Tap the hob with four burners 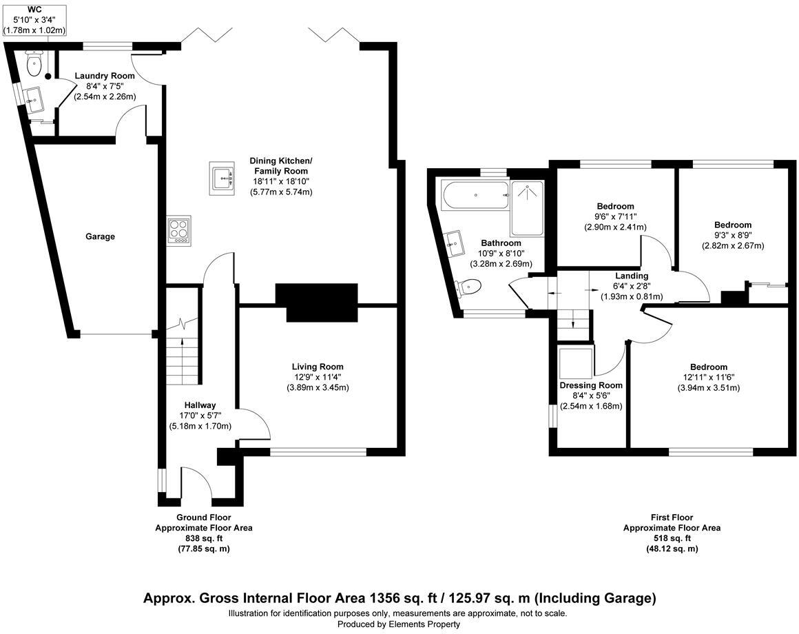click(x=179, y=231)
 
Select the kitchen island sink click(x=222, y=178)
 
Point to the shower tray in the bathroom click(x=527, y=208)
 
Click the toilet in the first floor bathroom click(x=468, y=287)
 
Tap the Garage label click(x=100, y=236)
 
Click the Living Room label click(x=318, y=367)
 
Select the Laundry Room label click(x=105, y=76)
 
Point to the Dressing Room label click(x=591, y=385)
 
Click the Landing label click(x=632, y=276)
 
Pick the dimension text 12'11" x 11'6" click(x=709, y=377)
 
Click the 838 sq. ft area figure click(x=204, y=538)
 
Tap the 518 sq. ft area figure click(x=672, y=538)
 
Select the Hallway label click(x=200, y=405)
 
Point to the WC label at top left click(x=35, y=10)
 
